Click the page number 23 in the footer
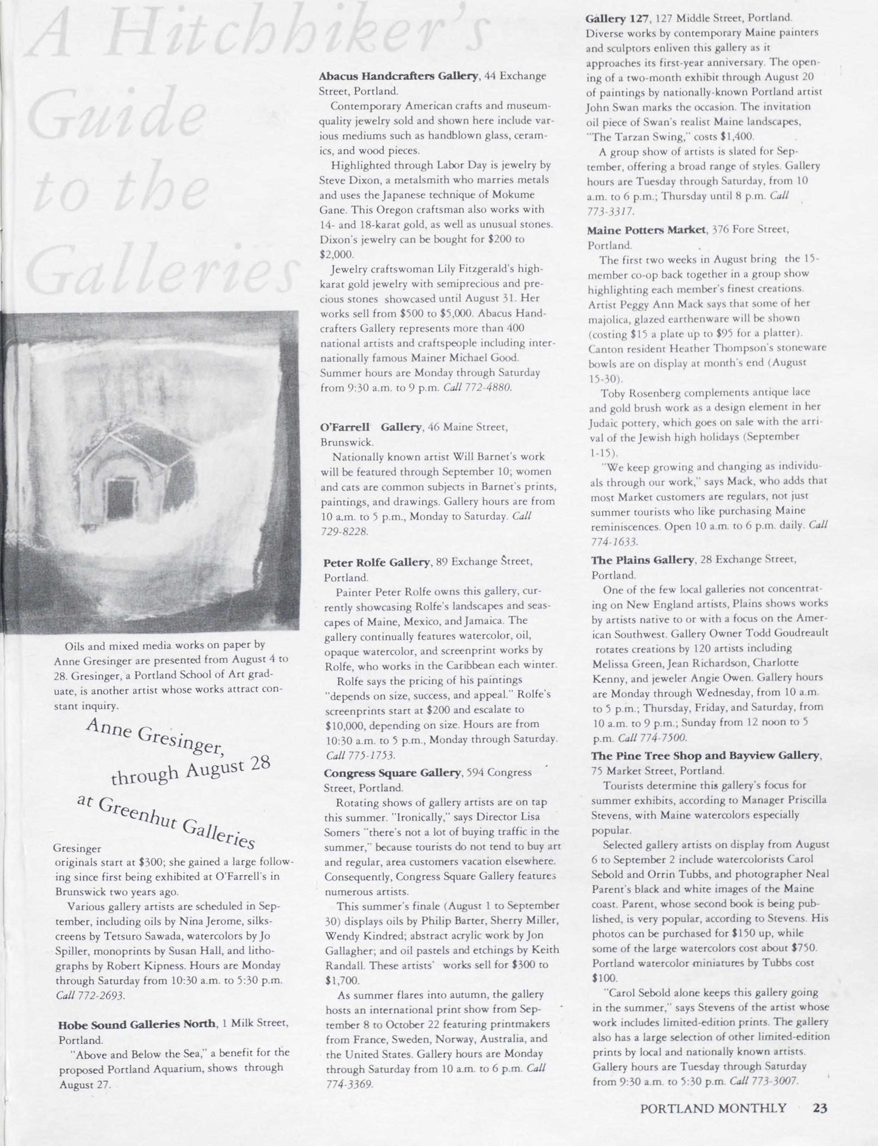click(x=820, y=1108)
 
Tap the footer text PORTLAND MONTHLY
click(x=713, y=1108)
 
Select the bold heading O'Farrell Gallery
click(x=370, y=427)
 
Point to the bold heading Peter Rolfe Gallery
click(x=376, y=562)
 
